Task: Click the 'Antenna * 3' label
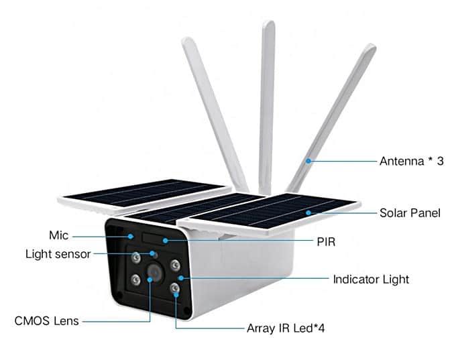point(411,161)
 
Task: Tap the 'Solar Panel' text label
point(410,213)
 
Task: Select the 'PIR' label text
point(326,242)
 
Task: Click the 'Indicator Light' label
point(371,280)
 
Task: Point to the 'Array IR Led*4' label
point(286,328)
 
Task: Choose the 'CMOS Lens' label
point(46,321)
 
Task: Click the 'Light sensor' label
point(58,254)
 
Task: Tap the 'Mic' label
point(59,235)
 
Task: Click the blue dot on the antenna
point(308,161)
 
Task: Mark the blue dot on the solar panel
point(308,213)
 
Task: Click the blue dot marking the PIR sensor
point(165,241)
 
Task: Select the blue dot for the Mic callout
point(131,237)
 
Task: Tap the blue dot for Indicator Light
point(181,278)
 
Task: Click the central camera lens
point(155,272)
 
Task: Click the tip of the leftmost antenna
point(187,39)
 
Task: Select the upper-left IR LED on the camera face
point(135,257)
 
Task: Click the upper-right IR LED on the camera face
point(174,265)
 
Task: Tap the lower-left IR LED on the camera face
point(135,280)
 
